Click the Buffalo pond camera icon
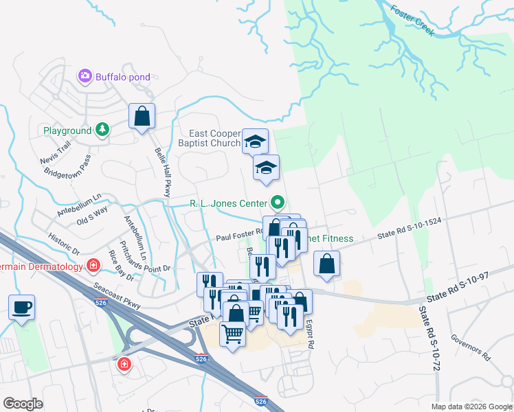point(85,76)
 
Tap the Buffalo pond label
point(123,77)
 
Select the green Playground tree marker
point(102,130)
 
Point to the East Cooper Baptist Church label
point(214,138)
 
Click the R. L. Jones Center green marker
point(278,203)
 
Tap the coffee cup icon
point(21,307)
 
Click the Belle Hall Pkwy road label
point(162,172)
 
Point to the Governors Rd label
point(469,347)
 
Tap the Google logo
point(23,404)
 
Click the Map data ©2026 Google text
point(471,407)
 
